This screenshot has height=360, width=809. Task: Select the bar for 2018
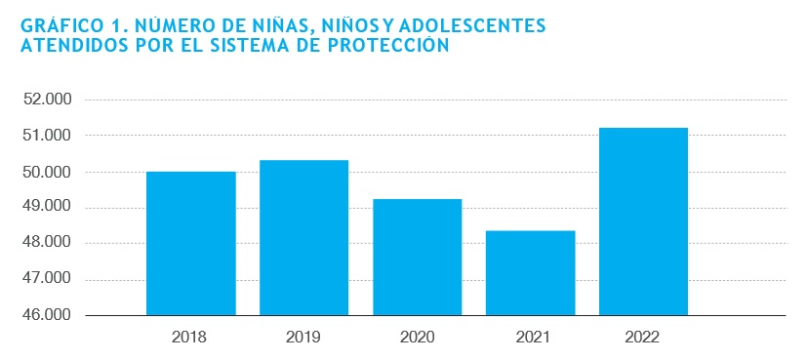[191, 244]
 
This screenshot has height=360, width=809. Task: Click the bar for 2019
[303, 238]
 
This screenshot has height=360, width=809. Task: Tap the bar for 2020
[418, 257]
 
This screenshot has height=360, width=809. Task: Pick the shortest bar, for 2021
[531, 273]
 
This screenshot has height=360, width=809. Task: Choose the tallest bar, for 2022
[643, 221]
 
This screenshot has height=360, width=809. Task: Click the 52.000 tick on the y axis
[47, 100]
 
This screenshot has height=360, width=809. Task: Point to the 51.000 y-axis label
[47, 136]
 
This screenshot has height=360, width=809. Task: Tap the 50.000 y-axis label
[47, 172]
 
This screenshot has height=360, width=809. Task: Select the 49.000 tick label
[47, 208]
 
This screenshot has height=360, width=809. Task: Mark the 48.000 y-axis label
[47, 244]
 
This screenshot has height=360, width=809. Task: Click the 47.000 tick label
[47, 280]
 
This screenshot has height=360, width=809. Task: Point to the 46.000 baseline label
[47, 315]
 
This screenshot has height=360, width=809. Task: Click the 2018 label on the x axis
[189, 338]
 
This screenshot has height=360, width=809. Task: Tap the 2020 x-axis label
[418, 338]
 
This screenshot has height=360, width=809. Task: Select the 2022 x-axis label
[642, 338]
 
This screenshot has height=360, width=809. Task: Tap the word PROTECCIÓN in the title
[388, 45]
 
